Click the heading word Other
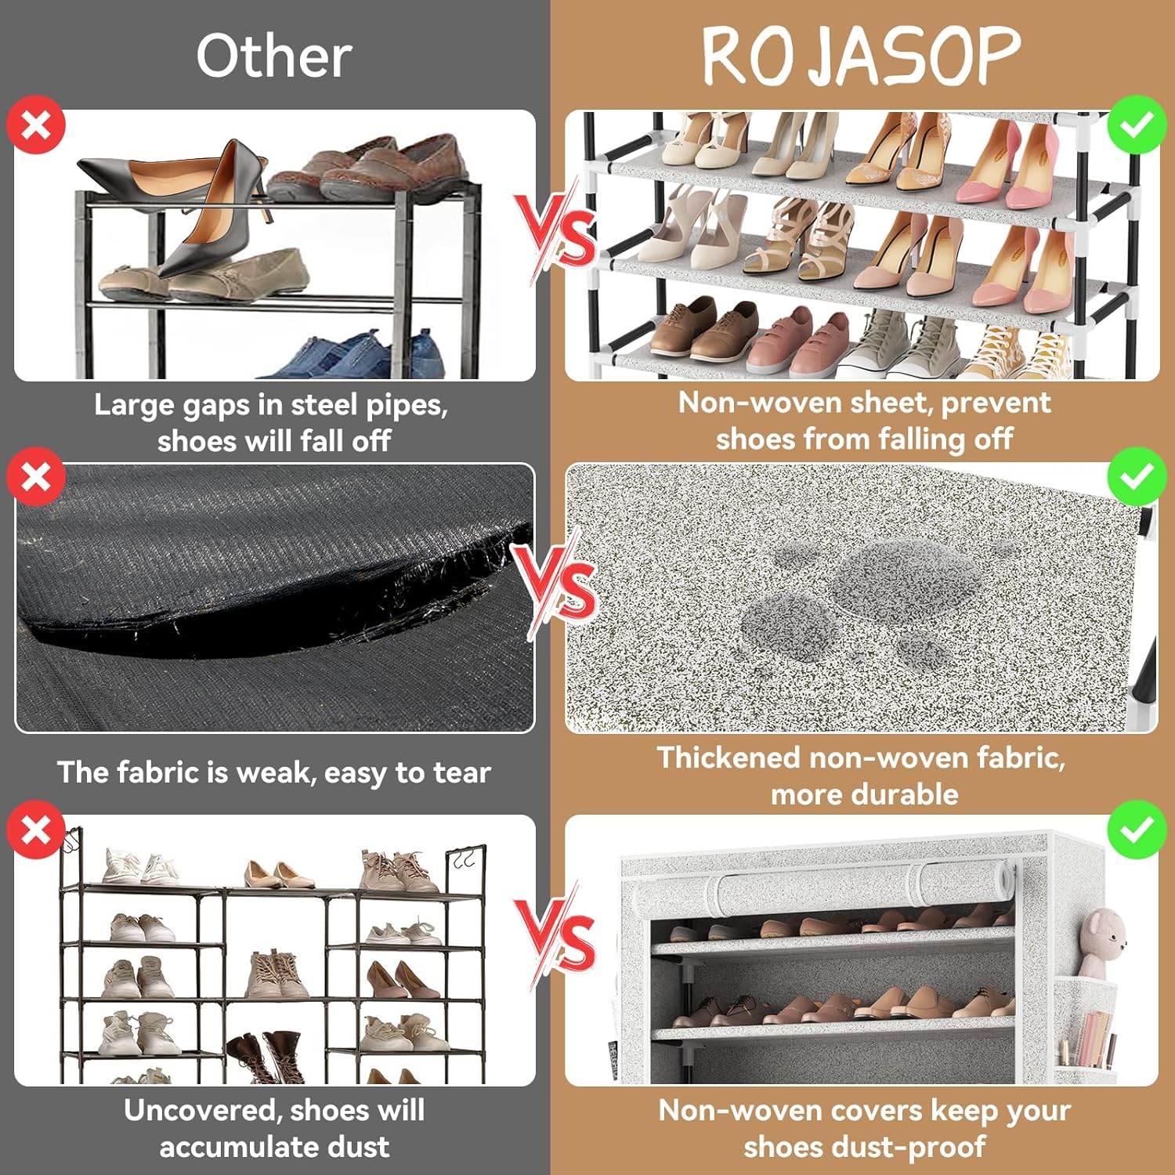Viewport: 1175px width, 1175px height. pyautogui.click(x=273, y=56)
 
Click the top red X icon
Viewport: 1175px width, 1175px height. pyautogui.click(x=36, y=125)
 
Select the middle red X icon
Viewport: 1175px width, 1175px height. pyautogui.click(x=36, y=477)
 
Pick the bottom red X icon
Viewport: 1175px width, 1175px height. pyautogui.click(x=36, y=830)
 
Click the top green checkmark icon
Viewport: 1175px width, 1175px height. pyautogui.click(x=1137, y=125)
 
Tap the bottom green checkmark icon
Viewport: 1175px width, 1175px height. pyautogui.click(x=1137, y=830)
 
